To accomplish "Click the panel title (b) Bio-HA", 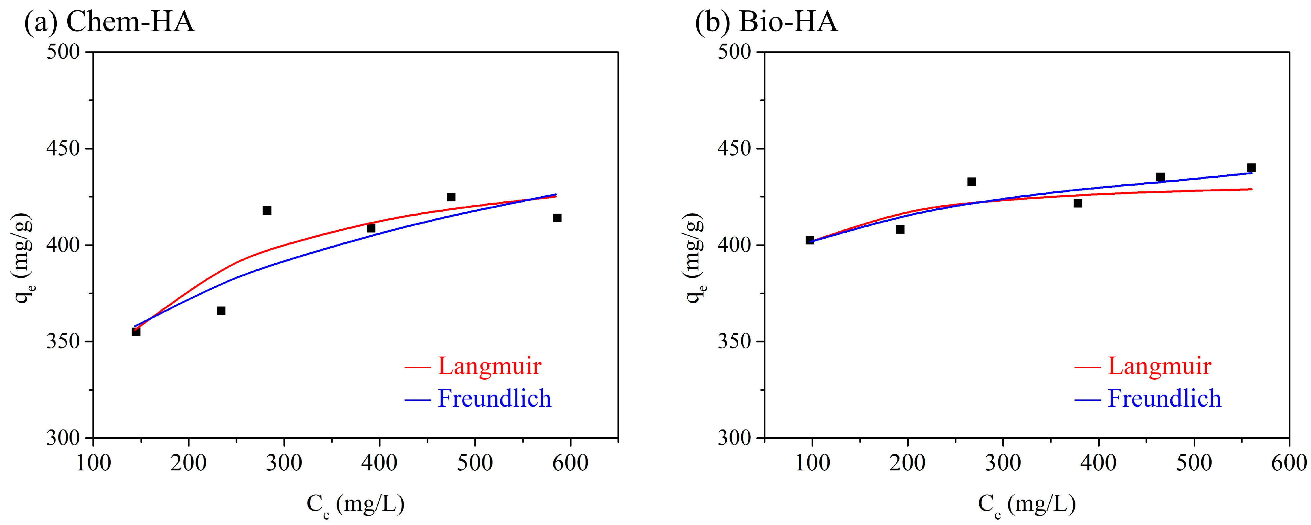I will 766,22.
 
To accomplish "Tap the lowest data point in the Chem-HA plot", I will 136,332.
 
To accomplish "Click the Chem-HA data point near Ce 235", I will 221,311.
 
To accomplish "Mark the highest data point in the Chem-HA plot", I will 451,197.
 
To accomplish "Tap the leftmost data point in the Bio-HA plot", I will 810,240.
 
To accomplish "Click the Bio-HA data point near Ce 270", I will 971,182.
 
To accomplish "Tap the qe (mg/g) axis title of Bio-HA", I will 695,257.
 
